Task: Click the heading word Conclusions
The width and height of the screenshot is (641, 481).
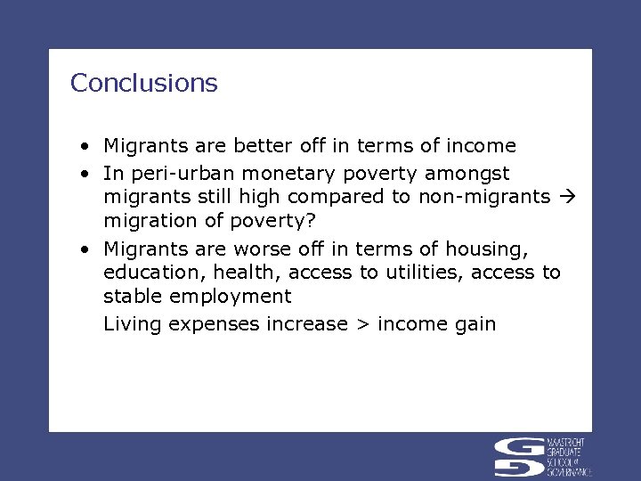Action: (x=143, y=83)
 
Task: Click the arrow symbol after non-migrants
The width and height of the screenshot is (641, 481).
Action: (x=570, y=196)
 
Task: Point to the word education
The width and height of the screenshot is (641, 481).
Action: (x=147, y=273)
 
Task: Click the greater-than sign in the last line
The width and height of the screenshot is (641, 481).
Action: (x=362, y=324)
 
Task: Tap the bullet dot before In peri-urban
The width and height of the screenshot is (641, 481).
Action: (x=81, y=171)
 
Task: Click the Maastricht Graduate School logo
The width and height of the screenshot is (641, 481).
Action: (x=543, y=457)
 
